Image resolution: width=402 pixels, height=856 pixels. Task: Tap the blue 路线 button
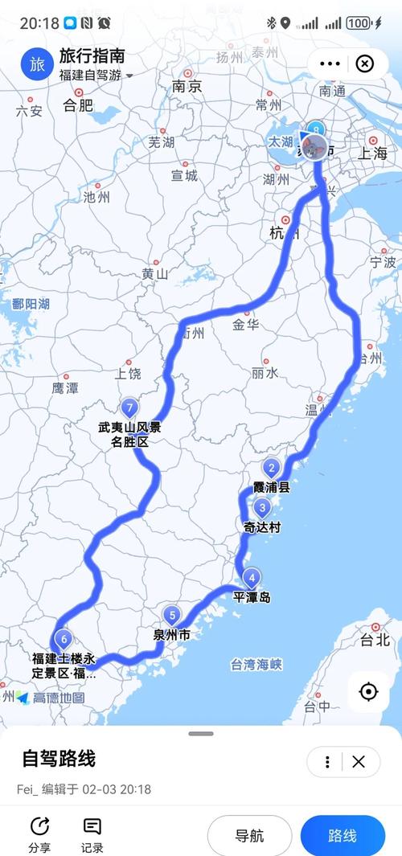[x=343, y=836]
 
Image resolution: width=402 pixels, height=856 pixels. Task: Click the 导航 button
[x=249, y=836]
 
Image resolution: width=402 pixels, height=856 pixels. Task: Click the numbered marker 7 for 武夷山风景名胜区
[x=129, y=408]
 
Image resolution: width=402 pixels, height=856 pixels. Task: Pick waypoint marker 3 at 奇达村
[x=262, y=508]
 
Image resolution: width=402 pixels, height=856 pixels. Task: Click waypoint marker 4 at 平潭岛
[x=252, y=577]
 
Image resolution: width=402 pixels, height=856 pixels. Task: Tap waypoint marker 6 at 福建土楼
[x=64, y=641]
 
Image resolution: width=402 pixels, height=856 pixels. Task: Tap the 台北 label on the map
[x=375, y=641]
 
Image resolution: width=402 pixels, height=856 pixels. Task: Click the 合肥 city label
[x=77, y=104]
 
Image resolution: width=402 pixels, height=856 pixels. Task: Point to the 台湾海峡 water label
[x=256, y=665]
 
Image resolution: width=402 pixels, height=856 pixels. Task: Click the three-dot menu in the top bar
[x=330, y=64]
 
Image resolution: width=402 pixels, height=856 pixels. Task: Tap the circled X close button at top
[x=364, y=64]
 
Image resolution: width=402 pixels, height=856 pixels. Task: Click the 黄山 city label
[x=154, y=274]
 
